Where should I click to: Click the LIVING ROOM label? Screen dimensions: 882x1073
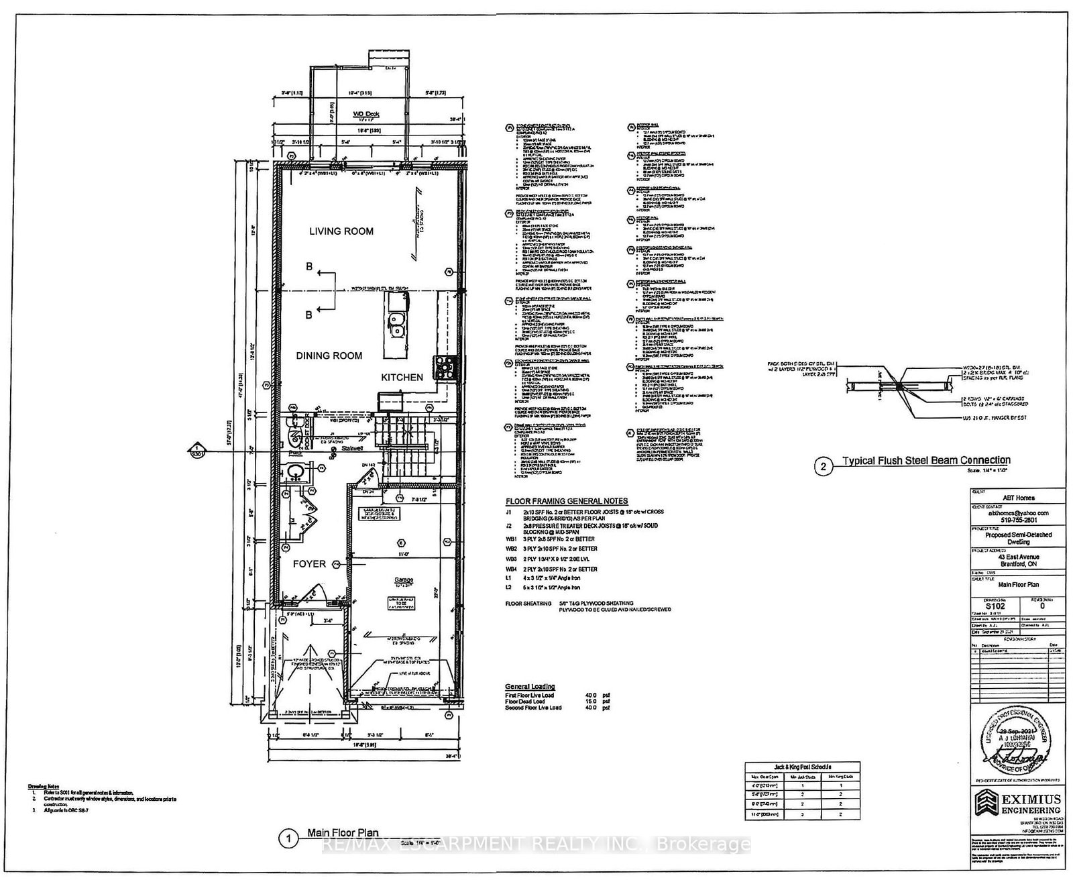click(341, 231)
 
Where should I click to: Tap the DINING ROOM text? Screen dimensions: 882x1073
click(329, 356)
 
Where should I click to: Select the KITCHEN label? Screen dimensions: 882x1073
click(402, 378)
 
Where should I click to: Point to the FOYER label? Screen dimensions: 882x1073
click(309, 564)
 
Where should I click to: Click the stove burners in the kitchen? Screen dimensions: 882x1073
click(444, 366)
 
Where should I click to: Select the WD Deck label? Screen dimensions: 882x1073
click(361, 115)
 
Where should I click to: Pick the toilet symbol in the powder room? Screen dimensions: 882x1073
click(294, 438)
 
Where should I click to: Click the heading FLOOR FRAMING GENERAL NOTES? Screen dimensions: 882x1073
click(566, 501)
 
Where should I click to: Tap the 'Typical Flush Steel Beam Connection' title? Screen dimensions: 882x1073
click(926, 460)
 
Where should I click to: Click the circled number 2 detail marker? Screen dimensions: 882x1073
click(823, 467)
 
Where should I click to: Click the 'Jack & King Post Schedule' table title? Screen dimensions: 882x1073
click(802, 767)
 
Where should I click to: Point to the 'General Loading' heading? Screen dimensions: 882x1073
click(530, 687)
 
